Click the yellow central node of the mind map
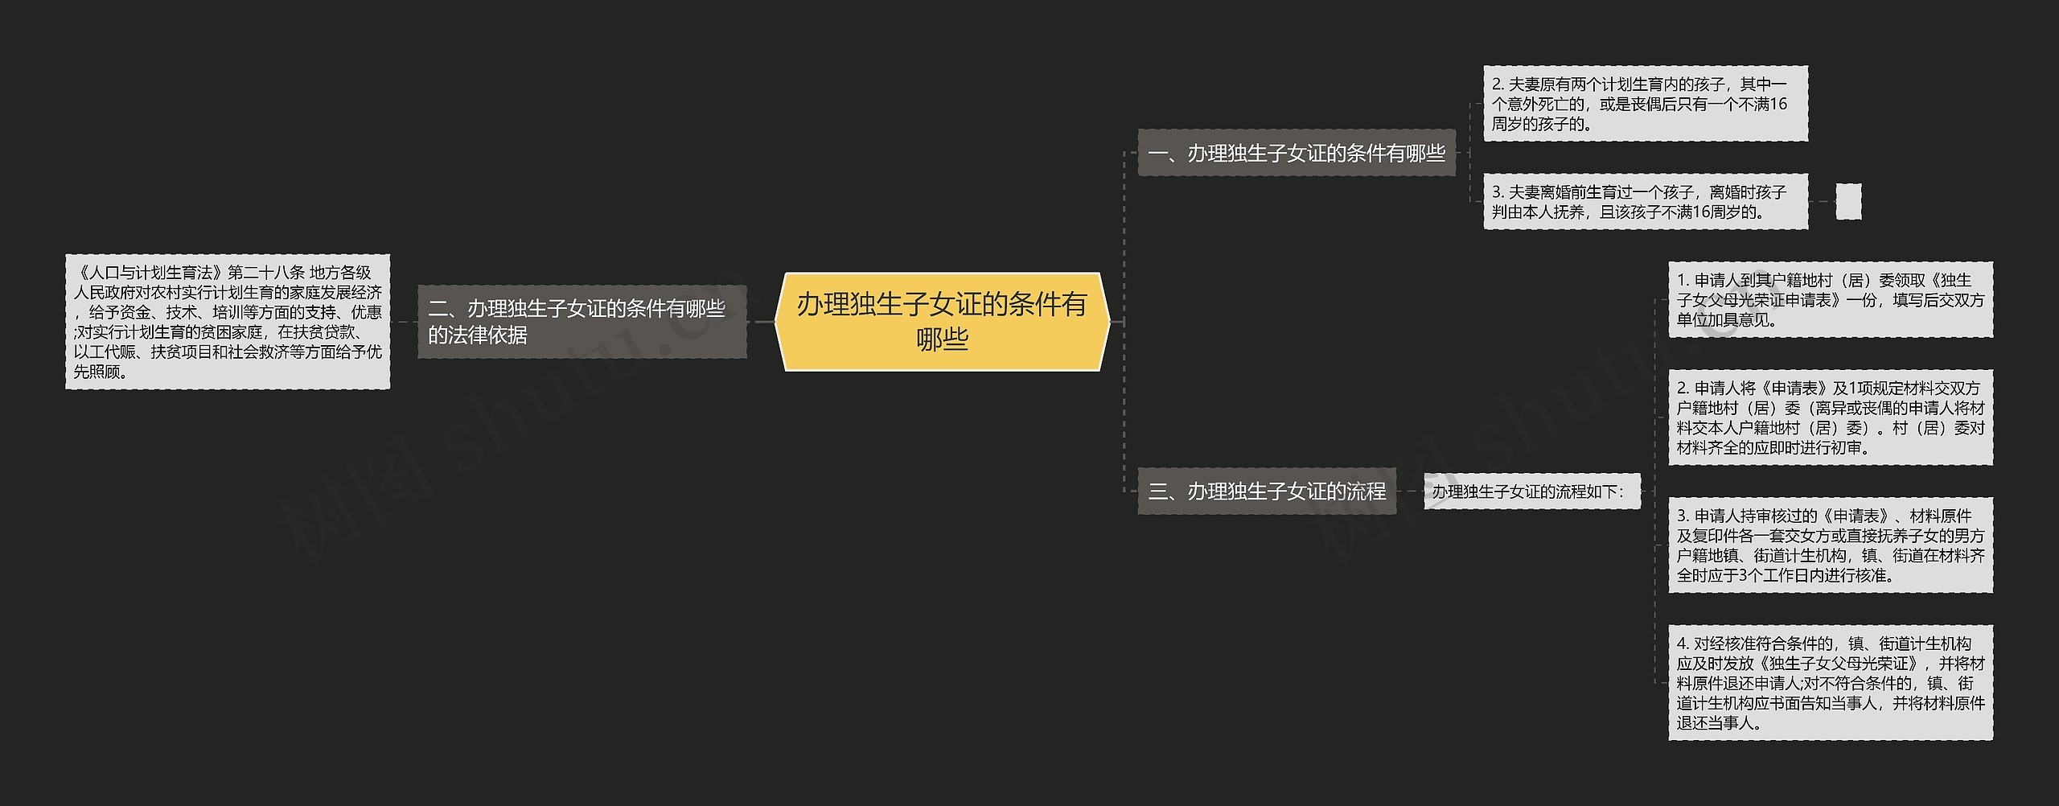tap(942, 321)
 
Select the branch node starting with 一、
tap(1296, 153)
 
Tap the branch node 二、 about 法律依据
tap(582, 322)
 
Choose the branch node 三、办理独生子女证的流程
tap(1267, 491)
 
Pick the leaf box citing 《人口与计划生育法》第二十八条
tap(228, 322)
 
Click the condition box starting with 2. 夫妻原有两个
tap(1645, 104)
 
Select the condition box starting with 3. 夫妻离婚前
tap(1645, 202)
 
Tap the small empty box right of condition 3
tap(1848, 201)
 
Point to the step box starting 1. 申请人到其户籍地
tap(1830, 299)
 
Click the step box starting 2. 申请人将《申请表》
tap(1830, 417)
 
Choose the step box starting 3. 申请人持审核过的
tap(1830, 545)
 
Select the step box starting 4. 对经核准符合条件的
tap(1830, 683)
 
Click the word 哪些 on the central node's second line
tap(942, 340)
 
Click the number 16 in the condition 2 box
tap(1778, 104)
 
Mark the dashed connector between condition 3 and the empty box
tap(1822, 201)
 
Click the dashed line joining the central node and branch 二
tap(760, 322)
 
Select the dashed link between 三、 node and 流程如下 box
tap(1410, 491)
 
